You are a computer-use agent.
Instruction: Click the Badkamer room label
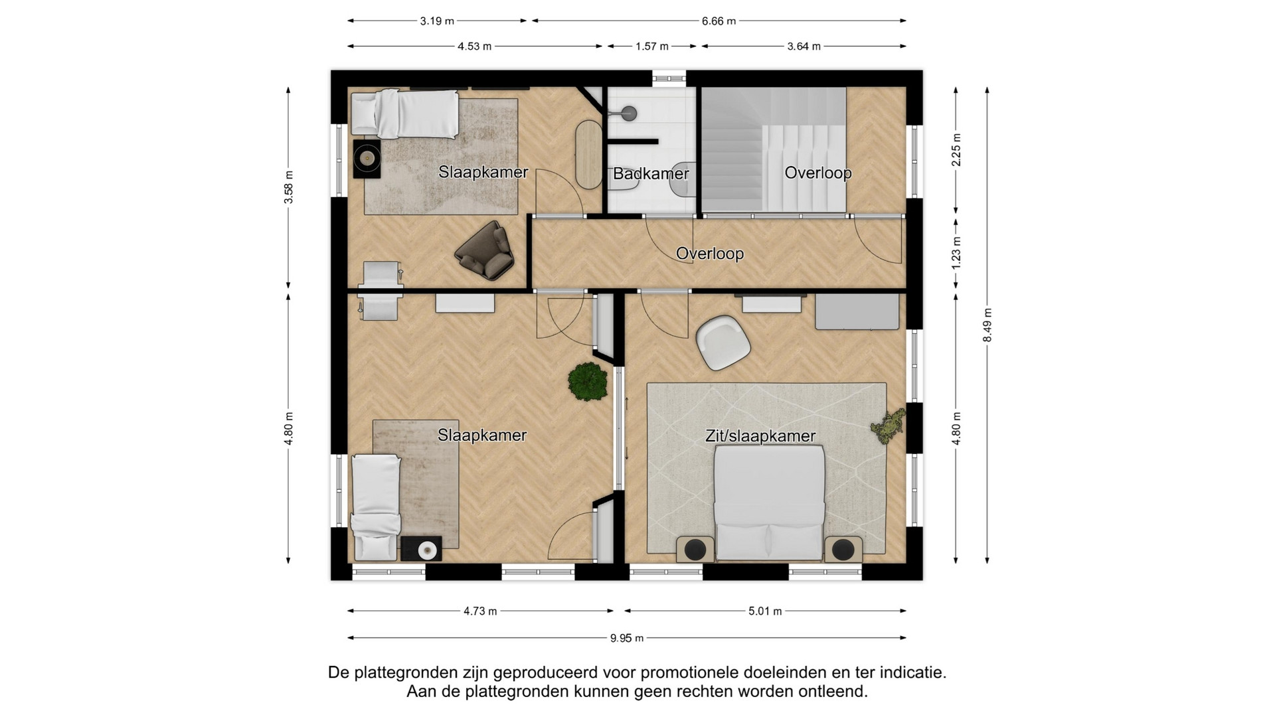(651, 174)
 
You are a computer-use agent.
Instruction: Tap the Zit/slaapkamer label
(760, 436)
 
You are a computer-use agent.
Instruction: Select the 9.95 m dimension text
(627, 638)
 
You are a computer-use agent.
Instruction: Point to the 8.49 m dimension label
(987, 325)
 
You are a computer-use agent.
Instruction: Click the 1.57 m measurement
(651, 46)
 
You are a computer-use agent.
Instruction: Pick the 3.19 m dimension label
(437, 21)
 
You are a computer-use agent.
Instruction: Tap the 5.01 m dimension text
(765, 611)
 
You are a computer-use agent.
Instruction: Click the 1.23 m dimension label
(956, 253)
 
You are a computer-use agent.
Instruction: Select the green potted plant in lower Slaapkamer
(588, 381)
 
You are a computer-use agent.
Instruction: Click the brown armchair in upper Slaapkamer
(483, 250)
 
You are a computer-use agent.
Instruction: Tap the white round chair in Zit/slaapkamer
(722, 343)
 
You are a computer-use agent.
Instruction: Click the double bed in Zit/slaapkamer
(769, 503)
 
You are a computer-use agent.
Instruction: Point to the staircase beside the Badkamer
(774, 150)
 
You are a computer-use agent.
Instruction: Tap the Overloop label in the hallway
(710, 254)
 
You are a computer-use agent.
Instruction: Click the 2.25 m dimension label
(956, 150)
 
